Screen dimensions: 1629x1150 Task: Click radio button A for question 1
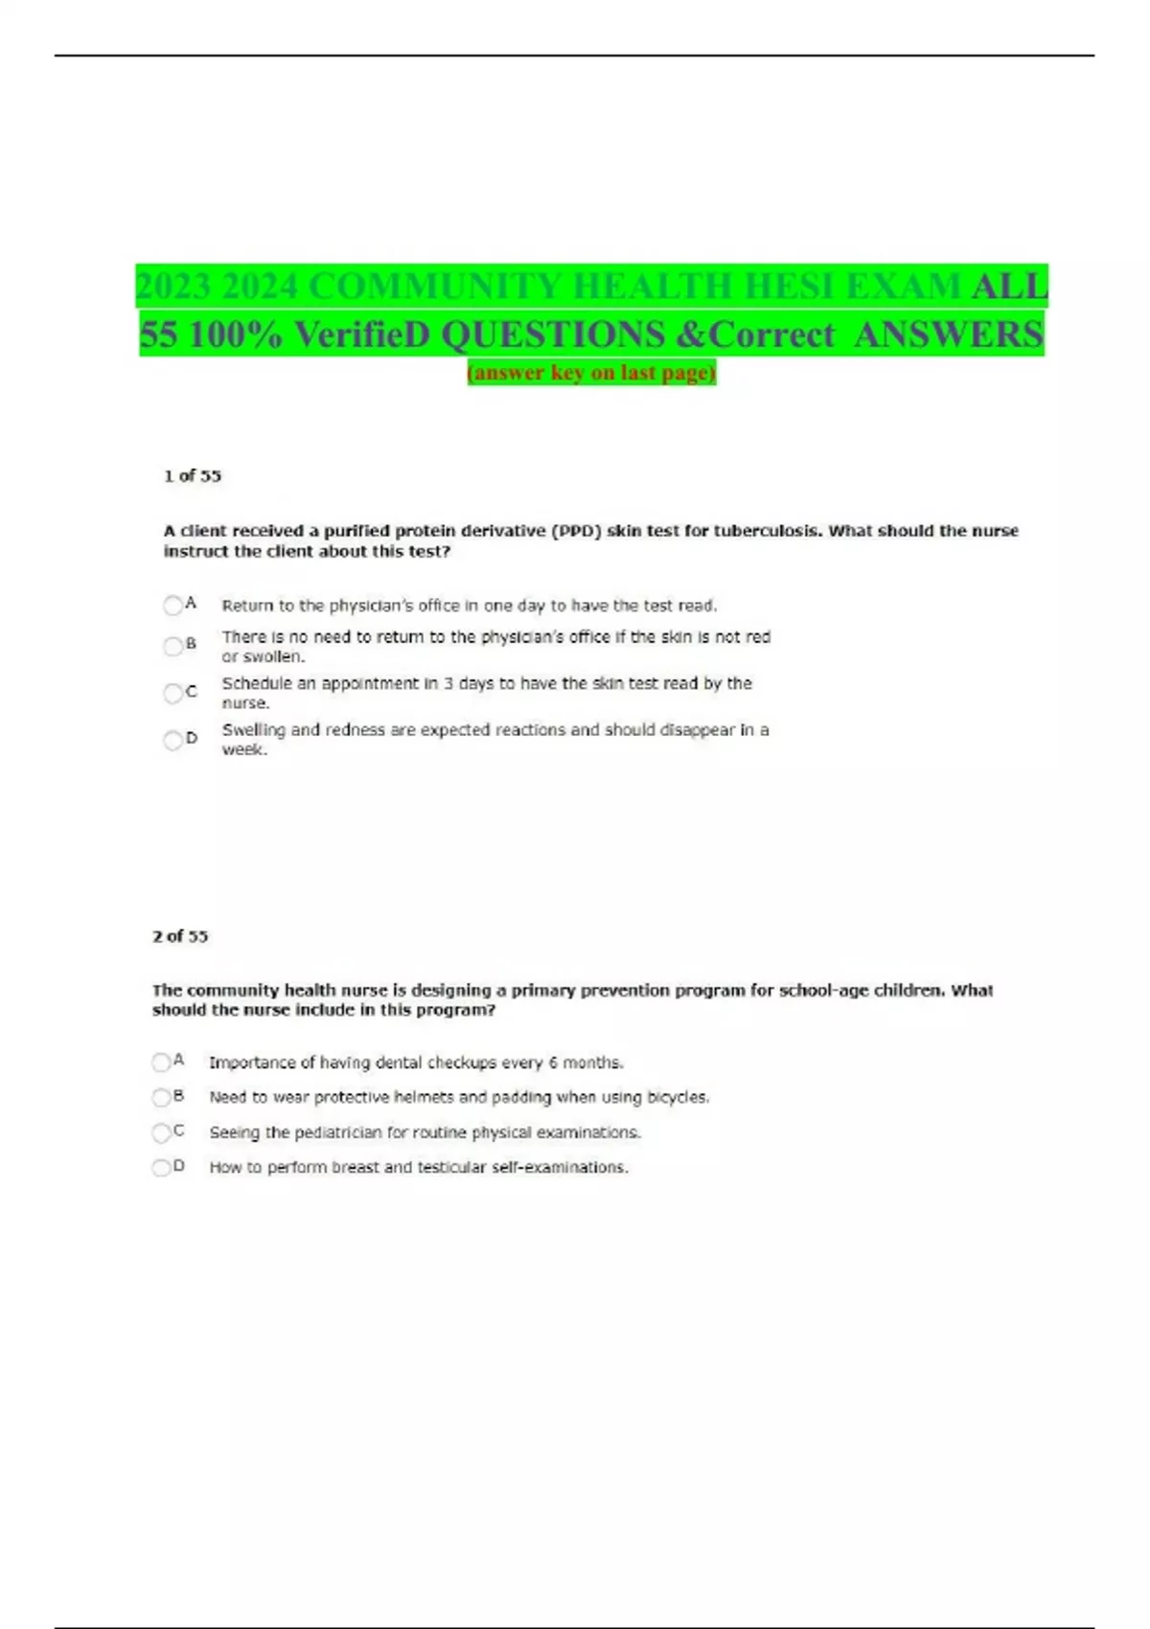click(x=172, y=606)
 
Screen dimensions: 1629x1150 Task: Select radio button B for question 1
click(x=172, y=647)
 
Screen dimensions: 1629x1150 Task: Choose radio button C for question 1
click(x=172, y=693)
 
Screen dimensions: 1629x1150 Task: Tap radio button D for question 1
click(x=172, y=740)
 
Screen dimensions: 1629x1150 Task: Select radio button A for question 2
click(x=161, y=1062)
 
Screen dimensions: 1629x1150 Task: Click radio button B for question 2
click(x=161, y=1097)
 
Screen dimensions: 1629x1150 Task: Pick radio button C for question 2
click(x=161, y=1133)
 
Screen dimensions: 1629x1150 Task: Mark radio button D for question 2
click(x=161, y=1167)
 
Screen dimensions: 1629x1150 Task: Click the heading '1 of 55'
click(x=193, y=475)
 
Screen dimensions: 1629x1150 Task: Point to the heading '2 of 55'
click(x=180, y=936)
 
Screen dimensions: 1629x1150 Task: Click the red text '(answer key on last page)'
click(x=591, y=372)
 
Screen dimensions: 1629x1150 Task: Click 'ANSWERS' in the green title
click(x=948, y=334)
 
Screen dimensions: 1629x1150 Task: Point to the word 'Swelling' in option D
click(x=253, y=730)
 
